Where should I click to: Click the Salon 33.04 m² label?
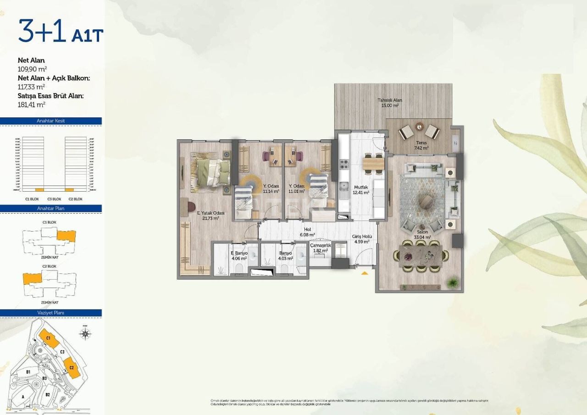click(423, 235)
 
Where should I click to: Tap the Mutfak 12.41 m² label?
click(361, 190)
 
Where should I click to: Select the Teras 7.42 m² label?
click(421, 145)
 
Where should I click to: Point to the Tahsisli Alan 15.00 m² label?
click(390, 103)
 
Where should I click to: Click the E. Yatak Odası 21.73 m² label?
click(210, 216)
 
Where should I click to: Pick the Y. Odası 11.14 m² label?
click(271, 188)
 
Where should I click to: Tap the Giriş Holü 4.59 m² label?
click(361, 239)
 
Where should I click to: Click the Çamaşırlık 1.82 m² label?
click(320, 248)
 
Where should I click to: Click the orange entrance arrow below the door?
click(365, 273)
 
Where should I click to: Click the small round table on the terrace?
click(419, 126)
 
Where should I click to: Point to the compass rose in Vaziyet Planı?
click(85, 333)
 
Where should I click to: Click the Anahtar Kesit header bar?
click(51, 121)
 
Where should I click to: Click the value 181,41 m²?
click(31, 105)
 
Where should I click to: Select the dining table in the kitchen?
click(373, 163)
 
